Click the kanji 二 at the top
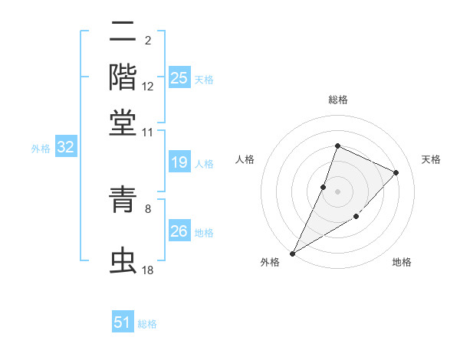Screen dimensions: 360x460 click(x=123, y=34)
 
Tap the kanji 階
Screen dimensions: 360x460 click(x=123, y=77)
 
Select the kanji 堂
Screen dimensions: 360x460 click(x=123, y=121)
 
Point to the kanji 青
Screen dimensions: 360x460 click(x=123, y=201)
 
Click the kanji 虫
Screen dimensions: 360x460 click(x=123, y=260)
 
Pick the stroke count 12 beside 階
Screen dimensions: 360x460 click(x=148, y=87)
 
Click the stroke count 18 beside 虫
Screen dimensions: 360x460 click(x=148, y=270)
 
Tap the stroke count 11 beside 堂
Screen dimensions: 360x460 click(x=148, y=133)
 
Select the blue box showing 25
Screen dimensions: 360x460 click(x=179, y=77)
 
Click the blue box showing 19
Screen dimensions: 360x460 click(x=179, y=162)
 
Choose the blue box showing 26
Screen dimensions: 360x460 click(x=179, y=231)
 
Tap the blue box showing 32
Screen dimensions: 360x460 click(x=65, y=147)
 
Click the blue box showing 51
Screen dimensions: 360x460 click(x=123, y=322)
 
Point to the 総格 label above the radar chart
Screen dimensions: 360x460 click(x=337, y=100)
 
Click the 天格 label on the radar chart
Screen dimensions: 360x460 click(x=431, y=159)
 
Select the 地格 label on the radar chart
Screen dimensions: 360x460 click(x=402, y=262)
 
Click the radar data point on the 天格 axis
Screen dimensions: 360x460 click(x=396, y=172)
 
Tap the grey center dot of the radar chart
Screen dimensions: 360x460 click(x=337, y=191)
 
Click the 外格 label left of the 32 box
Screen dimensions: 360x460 click(x=40, y=149)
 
